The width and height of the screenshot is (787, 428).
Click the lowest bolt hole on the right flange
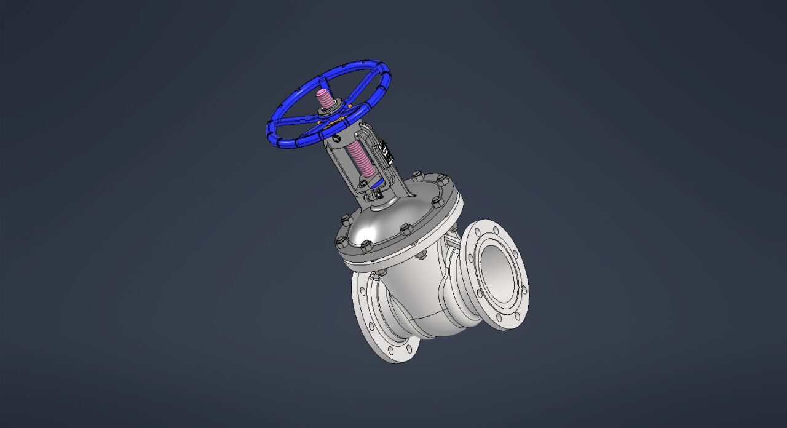coord(516,316)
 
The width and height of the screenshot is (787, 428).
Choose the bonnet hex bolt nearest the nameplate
coord(418,175)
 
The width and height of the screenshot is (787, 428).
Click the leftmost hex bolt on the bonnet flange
coord(341,240)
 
